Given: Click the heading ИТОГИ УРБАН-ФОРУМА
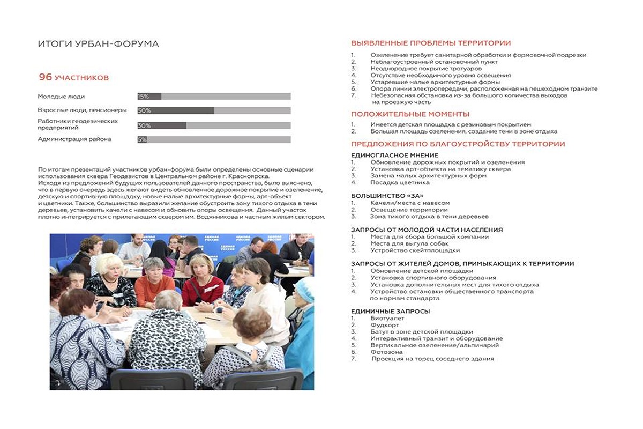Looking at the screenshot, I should click(98, 44).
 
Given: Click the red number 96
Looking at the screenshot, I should click(45, 77).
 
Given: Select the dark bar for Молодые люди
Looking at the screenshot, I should click(149, 97).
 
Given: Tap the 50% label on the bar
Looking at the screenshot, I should click(144, 110).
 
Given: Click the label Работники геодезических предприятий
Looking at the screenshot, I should click(78, 124).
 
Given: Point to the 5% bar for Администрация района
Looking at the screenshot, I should click(142, 139).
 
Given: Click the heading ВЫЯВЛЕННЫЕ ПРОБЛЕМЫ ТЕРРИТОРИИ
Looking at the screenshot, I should click(431, 43).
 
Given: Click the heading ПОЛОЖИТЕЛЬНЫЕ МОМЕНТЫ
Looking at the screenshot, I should click(410, 114).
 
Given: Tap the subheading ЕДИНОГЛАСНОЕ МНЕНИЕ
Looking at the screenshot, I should click(394, 156).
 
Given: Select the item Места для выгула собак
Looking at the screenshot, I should click(409, 243).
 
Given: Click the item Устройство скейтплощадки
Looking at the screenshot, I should click(415, 250).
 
